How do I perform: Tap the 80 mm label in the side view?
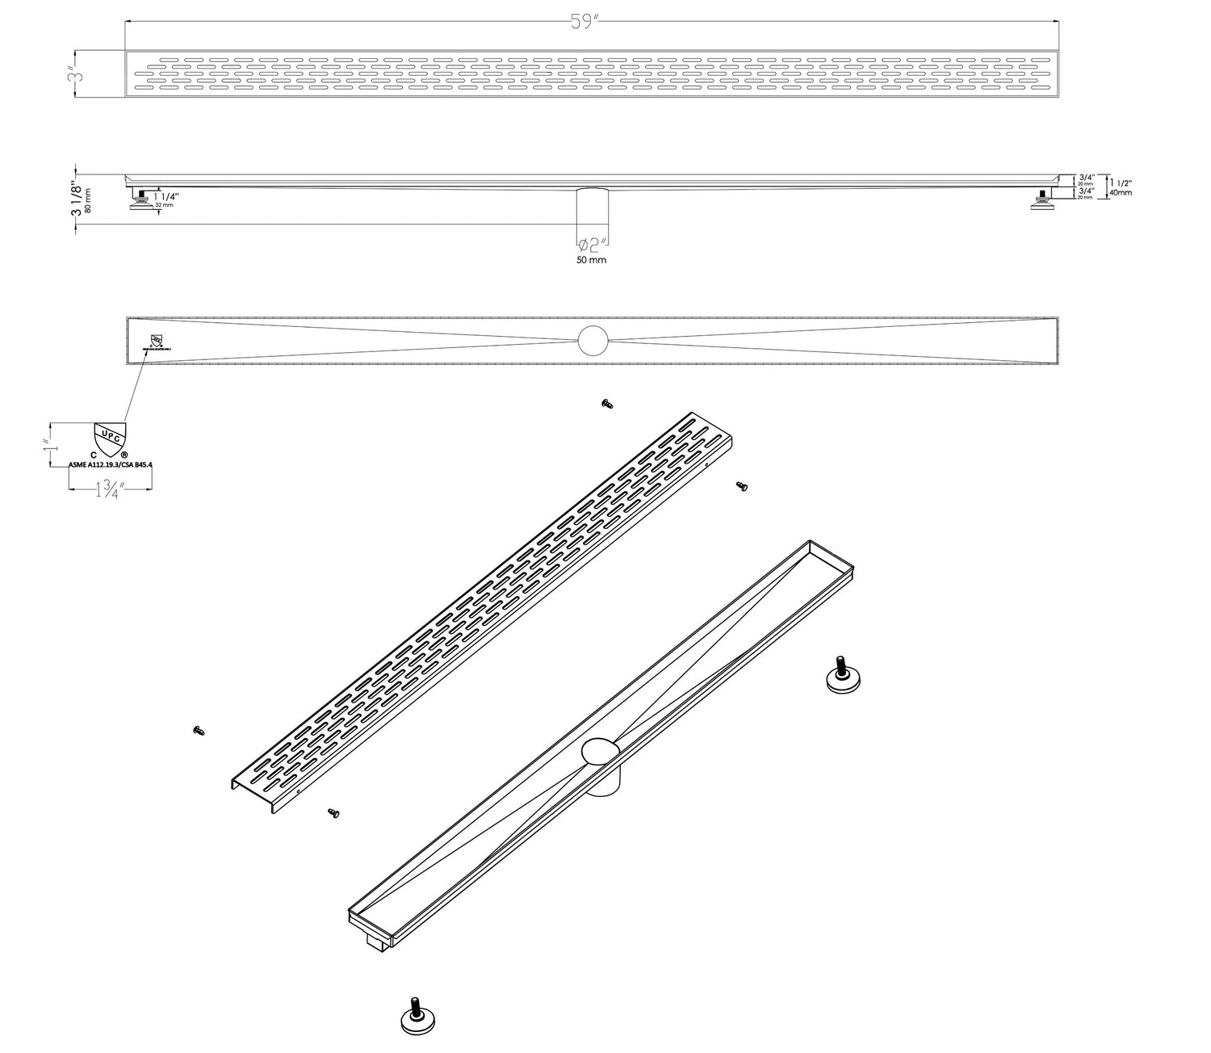coord(88,199)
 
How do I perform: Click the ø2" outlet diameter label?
coord(592,245)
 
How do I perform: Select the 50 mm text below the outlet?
coord(592,260)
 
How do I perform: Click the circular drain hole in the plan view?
coord(592,340)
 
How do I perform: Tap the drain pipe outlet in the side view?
coord(592,208)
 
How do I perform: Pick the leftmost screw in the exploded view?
coord(199,731)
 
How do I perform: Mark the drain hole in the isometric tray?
coord(600,752)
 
